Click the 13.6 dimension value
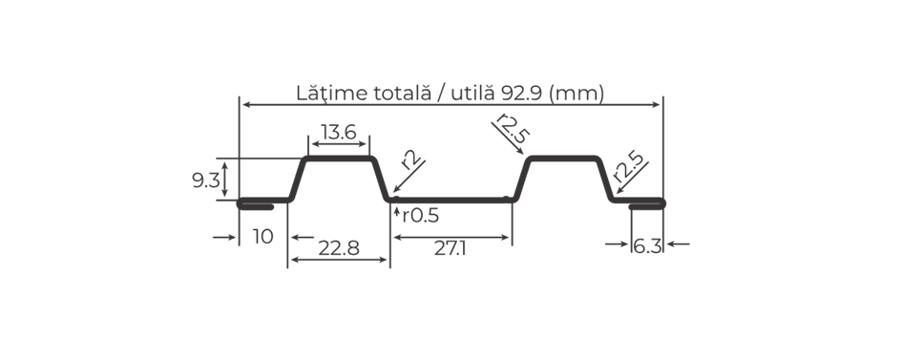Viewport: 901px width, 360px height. (339, 133)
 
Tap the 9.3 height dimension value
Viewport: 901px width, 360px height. (206, 180)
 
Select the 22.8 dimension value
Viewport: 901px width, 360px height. (339, 248)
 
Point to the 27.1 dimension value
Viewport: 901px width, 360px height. (450, 248)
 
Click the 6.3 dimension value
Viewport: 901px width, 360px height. (647, 246)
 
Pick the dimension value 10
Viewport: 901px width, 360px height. (262, 237)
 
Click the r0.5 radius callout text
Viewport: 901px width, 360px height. (421, 216)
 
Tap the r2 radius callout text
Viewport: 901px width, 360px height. (411, 159)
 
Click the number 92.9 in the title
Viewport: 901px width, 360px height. (522, 93)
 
